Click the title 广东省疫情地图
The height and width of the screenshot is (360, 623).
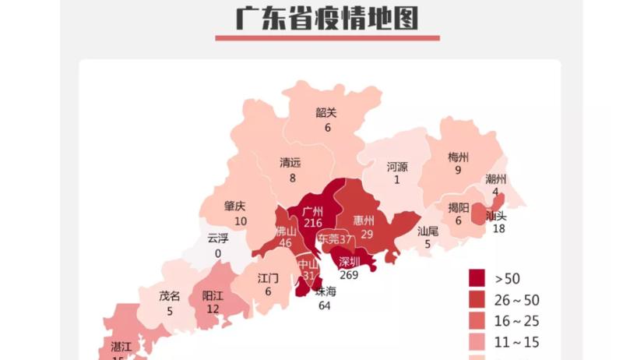327,16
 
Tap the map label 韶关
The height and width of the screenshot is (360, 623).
326,112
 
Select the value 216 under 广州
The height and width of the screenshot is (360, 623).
313,224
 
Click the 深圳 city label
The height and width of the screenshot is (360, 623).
350,261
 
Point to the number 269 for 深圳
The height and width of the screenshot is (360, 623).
349,274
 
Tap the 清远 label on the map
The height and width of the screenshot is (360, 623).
290,163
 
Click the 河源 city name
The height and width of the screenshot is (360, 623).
397,167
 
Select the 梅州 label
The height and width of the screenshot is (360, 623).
459,156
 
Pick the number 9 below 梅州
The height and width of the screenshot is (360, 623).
459,169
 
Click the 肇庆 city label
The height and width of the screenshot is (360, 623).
234,206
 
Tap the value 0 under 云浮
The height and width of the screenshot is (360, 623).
218,253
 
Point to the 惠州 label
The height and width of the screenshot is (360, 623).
364,221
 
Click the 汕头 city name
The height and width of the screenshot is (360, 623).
496,214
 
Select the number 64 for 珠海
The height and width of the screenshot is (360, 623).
326,305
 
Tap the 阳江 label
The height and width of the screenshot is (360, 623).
213,296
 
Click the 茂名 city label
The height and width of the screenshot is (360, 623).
170,296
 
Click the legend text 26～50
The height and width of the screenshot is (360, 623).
517,300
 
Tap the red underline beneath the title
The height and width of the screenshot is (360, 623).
327,37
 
